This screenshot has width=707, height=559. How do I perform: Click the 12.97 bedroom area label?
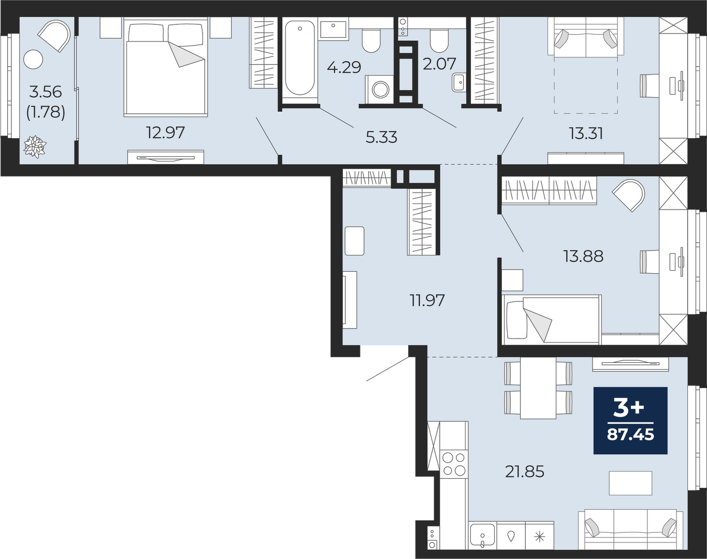pyautogui.click(x=166, y=133)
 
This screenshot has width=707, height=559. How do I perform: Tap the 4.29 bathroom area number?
pyautogui.click(x=344, y=68)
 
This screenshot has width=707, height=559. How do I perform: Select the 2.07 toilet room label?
pyautogui.click(x=440, y=64)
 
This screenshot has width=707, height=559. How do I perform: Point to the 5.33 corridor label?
pyautogui.click(x=381, y=137)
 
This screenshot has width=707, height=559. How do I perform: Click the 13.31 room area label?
pyautogui.click(x=586, y=134)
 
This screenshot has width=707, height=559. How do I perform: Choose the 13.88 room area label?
pyautogui.click(x=583, y=256)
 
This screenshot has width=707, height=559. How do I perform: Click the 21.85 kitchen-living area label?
pyautogui.click(x=524, y=472)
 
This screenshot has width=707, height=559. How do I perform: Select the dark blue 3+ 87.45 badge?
pyautogui.click(x=630, y=421)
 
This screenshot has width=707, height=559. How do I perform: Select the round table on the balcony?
pyautogui.click(x=33, y=60)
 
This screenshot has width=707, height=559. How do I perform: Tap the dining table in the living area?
pyautogui.click(x=538, y=388)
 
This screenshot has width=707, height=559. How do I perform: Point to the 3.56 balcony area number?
pyautogui.click(x=46, y=92)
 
